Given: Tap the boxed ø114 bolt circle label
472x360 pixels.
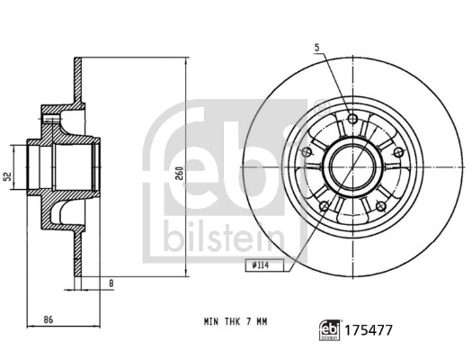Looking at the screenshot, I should point(262,265).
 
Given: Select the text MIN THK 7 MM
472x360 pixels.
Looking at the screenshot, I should point(236,320).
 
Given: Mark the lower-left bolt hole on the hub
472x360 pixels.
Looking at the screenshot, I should point(322,203).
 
